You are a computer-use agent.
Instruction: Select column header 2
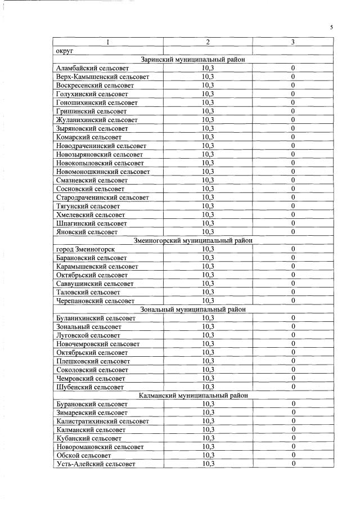pos(208,42)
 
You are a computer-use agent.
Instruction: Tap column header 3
pos(292,42)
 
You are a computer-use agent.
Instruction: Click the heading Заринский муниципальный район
pos(192,60)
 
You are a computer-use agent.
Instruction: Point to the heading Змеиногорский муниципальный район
pos(193,240)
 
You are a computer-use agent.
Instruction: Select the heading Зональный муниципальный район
pos(193,309)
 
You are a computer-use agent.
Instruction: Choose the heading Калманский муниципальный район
pos(192,396)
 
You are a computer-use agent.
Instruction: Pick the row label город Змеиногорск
pos(86,249)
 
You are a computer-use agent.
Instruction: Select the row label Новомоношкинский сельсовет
pos(103,171)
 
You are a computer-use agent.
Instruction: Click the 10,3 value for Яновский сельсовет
pos(208,231)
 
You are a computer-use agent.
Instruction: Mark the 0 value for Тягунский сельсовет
pos(293,206)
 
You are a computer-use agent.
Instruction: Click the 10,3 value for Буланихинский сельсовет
pos(208,318)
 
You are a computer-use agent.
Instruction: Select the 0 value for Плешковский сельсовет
pos(293,361)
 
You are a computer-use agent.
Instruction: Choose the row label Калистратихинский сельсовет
pos(102,421)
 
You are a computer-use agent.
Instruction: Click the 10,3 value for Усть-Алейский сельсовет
pos(208,464)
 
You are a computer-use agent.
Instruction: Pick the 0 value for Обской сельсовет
pos(293,455)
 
